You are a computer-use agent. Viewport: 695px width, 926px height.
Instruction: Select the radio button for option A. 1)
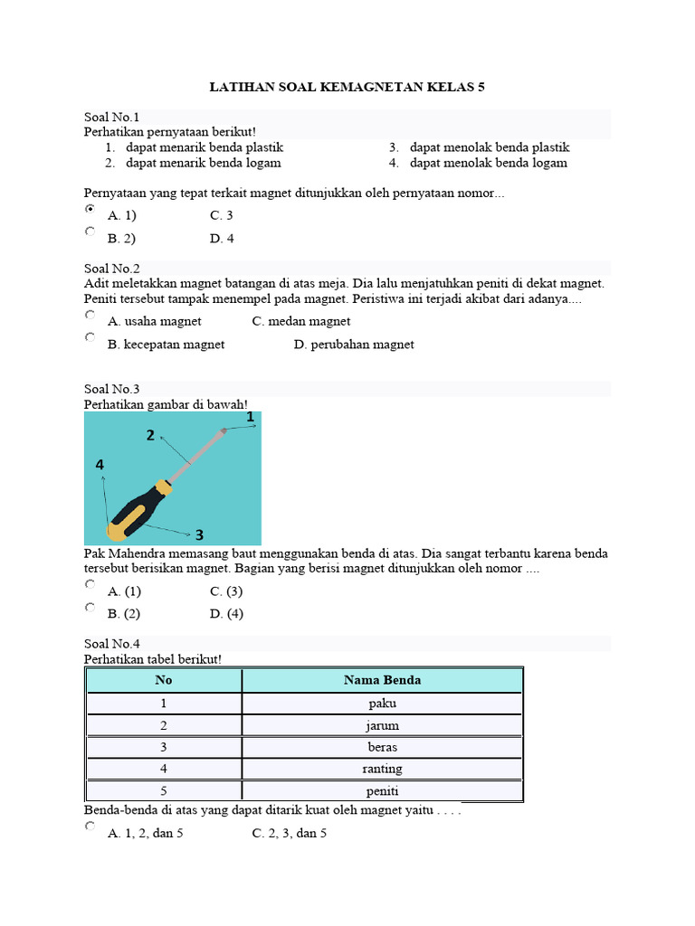[x=90, y=209]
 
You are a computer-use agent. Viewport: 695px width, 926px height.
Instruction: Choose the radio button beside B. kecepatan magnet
[x=90, y=337]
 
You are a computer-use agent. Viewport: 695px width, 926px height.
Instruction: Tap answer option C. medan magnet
[x=301, y=321]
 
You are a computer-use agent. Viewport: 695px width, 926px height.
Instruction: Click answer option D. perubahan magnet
[x=354, y=345]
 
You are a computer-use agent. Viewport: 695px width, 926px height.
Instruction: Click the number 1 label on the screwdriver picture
[x=250, y=417]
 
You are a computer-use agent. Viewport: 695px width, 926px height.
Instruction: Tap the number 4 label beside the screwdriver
[x=100, y=465]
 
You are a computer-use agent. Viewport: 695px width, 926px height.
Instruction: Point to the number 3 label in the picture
[x=198, y=534]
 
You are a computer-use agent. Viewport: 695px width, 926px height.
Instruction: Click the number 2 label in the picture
[x=150, y=436]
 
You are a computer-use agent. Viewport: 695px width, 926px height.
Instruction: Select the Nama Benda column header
[x=382, y=680]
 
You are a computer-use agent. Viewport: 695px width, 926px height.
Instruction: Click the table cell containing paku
[x=382, y=704]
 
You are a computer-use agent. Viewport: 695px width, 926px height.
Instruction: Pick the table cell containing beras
[x=382, y=747]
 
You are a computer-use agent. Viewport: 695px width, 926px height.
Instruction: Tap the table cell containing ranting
[x=382, y=769]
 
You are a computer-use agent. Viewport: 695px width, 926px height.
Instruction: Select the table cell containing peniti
[x=382, y=791]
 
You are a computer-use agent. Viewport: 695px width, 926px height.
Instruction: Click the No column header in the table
[x=164, y=680]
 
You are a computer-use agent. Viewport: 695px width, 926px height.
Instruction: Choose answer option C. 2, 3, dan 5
[x=289, y=833]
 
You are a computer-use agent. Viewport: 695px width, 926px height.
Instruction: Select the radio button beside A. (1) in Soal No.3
[x=90, y=585]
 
